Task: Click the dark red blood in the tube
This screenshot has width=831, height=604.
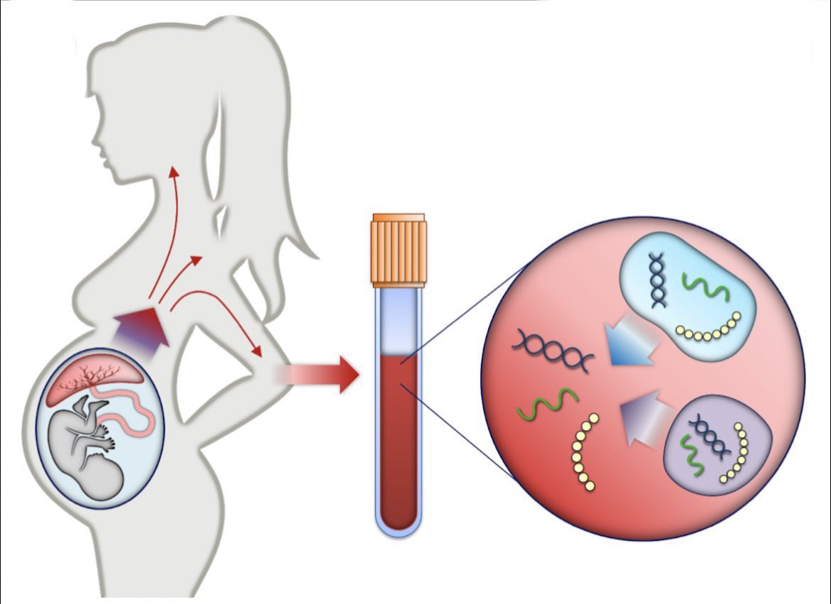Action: click(x=398, y=440)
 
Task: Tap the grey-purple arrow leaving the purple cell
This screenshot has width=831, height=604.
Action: click(x=642, y=420)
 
